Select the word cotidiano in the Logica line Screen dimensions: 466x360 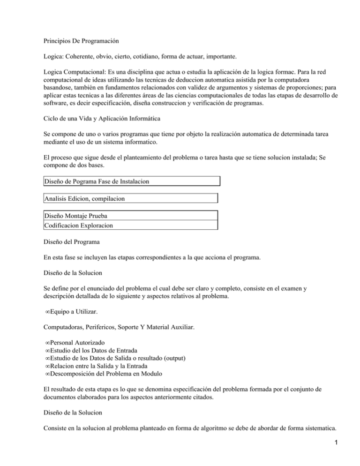click(160, 57)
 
